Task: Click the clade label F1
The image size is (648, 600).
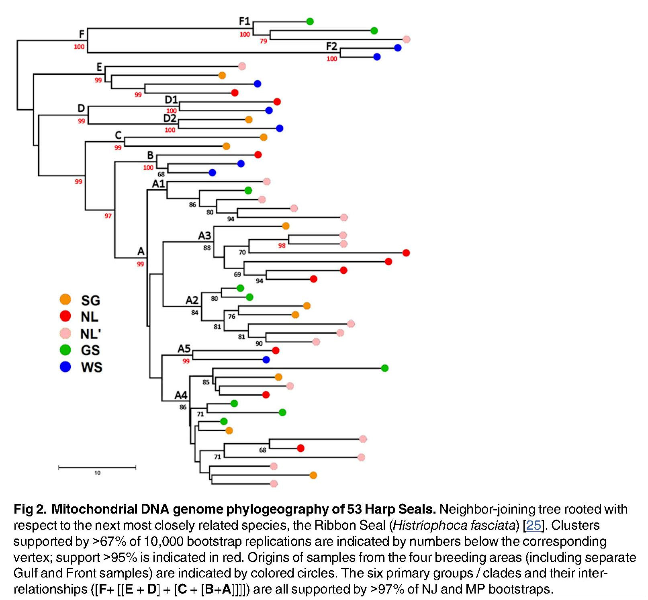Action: pyautogui.click(x=244, y=21)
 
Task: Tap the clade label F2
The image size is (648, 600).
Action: pyautogui.click(x=331, y=47)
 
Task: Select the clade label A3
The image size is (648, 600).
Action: pyautogui.click(x=204, y=235)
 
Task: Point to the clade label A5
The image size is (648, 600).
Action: pyautogui.click(x=184, y=348)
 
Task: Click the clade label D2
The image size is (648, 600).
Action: pyautogui.click(x=170, y=119)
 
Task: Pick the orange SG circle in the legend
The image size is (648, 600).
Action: pyautogui.click(x=65, y=299)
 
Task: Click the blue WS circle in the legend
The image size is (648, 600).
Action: pyautogui.click(x=65, y=367)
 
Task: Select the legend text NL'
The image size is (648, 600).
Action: pyautogui.click(x=90, y=334)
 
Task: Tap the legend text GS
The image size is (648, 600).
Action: pyautogui.click(x=90, y=350)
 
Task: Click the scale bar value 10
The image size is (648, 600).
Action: pyautogui.click(x=97, y=473)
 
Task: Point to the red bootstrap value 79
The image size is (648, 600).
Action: pyautogui.click(x=263, y=41)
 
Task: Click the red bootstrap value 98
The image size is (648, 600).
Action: pyautogui.click(x=282, y=246)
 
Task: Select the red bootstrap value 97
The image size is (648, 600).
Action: pyautogui.click(x=108, y=216)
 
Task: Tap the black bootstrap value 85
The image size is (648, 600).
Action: pyautogui.click(x=206, y=382)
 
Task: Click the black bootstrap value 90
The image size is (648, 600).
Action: pyautogui.click(x=259, y=343)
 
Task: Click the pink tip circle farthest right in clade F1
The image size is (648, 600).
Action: pyautogui.click(x=406, y=39)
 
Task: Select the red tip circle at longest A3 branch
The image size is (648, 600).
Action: pyautogui.click(x=406, y=253)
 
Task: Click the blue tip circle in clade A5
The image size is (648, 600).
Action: pyautogui.click(x=266, y=360)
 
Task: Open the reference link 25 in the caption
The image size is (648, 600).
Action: pyautogui.click(x=533, y=525)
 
